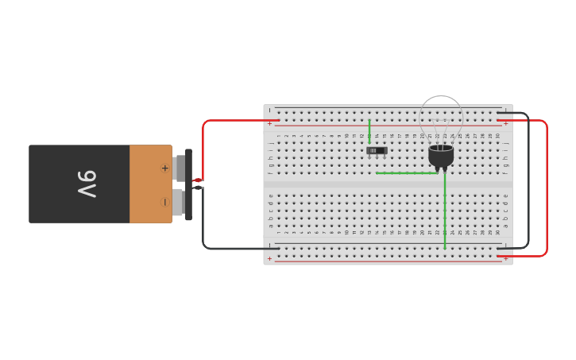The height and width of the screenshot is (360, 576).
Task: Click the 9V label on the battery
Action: tap(87, 184)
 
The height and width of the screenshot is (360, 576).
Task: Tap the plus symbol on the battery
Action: tap(165, 168)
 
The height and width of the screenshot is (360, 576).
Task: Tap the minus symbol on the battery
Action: tap(165, 202)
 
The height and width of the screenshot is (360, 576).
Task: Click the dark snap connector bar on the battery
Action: tap(188, 184)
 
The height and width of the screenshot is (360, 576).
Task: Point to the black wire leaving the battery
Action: tap(204, 223)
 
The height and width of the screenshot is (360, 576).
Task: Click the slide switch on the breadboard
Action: tap(377, 150)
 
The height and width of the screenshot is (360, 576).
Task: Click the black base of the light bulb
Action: tap(441, 156)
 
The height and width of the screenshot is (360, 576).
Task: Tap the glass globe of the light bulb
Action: tap(441, 114)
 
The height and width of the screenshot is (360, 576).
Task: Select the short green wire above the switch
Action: tap(369, 131)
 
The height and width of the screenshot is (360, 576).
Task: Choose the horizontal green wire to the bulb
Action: tap(405, 172)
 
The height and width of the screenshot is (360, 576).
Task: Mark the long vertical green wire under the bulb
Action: tap(445, 211)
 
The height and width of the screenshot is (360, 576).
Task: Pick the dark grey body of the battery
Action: tap(56, 184)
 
